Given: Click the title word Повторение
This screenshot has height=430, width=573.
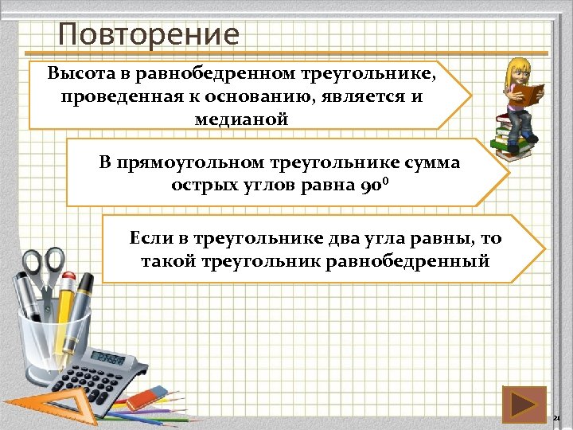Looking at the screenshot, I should (148, 35).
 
